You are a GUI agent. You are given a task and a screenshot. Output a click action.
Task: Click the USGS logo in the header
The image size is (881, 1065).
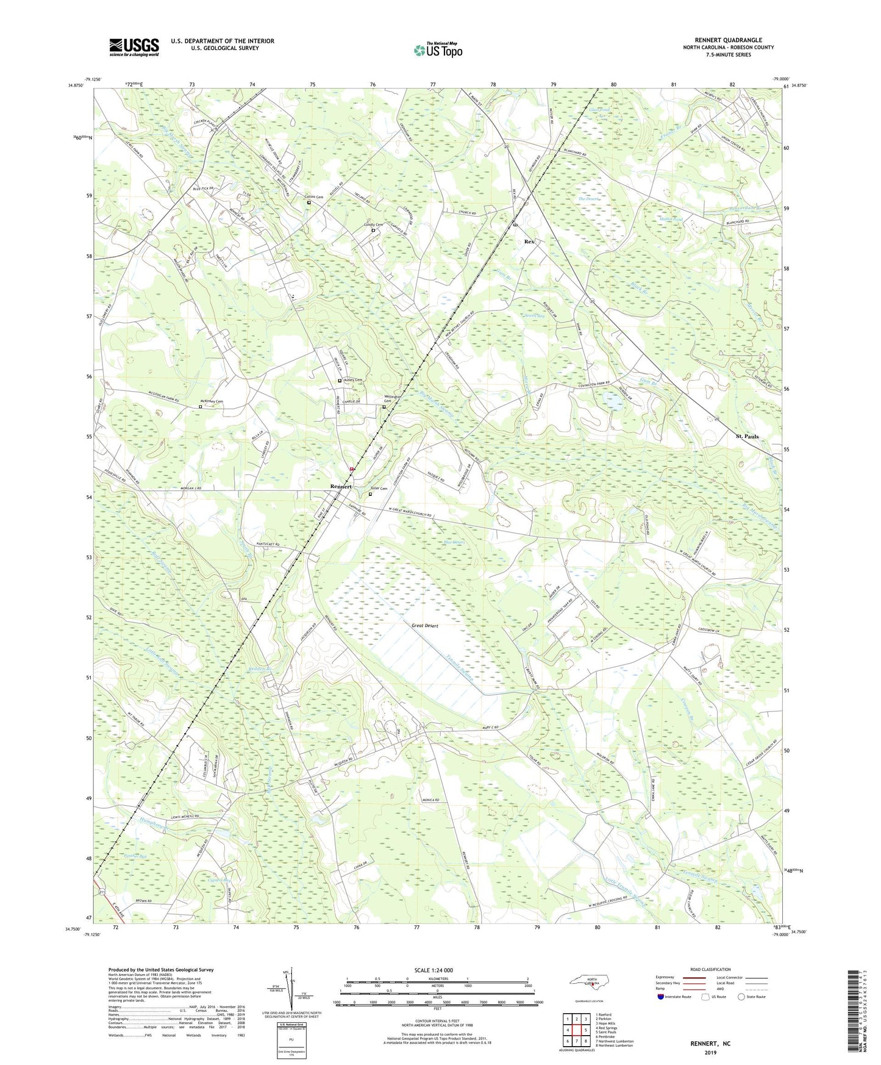click(134, 47)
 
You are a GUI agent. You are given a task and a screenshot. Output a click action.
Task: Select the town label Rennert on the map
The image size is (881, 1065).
click(341, 486)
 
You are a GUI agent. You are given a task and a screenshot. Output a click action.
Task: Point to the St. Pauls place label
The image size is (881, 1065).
click(747, 436)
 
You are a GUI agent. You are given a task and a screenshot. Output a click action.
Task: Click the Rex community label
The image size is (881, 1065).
click(529, 242)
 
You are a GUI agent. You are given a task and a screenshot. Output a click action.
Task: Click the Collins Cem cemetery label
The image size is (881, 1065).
click(314, 197)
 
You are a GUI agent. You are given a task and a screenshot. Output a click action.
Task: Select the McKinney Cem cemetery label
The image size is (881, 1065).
click(212, 401)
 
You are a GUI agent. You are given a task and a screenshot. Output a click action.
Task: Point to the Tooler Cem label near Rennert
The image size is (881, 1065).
click(379, 489)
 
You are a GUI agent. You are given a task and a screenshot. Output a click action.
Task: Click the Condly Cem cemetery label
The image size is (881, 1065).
click(373, 224)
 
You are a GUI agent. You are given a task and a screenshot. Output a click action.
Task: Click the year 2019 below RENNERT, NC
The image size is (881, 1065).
click(710, 1052)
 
